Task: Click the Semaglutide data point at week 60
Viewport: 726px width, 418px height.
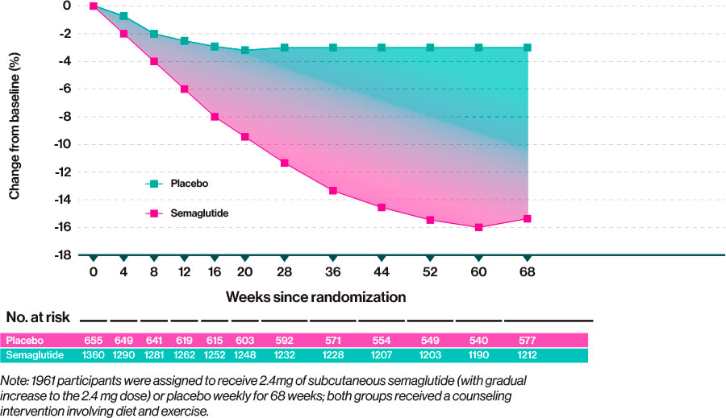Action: pos(479,227)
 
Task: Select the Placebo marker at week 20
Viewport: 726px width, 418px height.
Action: pos(245,50)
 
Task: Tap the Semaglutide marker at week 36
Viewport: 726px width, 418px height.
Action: pos(333,190)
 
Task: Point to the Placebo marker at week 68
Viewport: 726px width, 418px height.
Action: pos(528,48)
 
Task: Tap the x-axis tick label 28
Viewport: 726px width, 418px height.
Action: pos(285,273)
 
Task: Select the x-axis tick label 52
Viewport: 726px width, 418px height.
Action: pos(431,273)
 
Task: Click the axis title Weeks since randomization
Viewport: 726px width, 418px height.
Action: pos(315,296)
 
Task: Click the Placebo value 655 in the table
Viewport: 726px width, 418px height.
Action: pos(94,340)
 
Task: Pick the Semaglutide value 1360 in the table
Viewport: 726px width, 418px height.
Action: pos(94,355)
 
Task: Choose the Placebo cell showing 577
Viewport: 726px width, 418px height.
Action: pos(527,340)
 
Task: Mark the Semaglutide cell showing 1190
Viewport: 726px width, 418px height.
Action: pos(479,355)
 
